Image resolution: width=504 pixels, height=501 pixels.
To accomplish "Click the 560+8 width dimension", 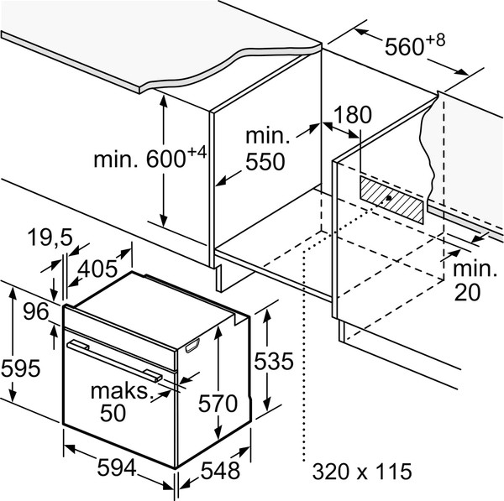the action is [x=415, y=45].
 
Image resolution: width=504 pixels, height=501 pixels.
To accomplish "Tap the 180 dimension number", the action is [x=353, y=114].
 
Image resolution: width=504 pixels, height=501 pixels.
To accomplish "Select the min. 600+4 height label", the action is [x=150, y=157].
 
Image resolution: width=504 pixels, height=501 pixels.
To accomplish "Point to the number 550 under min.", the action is [x=265, y=162].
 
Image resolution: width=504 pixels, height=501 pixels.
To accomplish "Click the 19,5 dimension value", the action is [x=50, y=238].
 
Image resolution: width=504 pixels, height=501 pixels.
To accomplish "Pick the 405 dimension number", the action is [x=97, y=269].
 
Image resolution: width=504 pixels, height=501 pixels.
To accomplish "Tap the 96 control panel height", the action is [x=36, y=311].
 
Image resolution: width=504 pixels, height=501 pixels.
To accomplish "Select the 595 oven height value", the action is [x=20, y=368].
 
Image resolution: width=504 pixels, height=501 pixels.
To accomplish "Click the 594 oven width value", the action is [x=117, y=467].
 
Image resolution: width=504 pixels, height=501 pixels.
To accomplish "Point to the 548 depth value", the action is [x=220, y=471].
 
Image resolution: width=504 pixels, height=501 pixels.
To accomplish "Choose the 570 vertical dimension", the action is [x=218, y=404].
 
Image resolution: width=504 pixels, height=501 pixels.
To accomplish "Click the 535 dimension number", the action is [x=274, y=361].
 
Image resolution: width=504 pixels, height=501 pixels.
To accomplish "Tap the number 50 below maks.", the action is [x=113, y=413].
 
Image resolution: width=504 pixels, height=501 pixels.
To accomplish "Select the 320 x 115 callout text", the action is [x=362, y=472].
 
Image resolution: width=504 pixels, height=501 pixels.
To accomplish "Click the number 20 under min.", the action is [x=467, y=292].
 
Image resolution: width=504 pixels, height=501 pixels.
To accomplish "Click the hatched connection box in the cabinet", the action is [x=391, y=199].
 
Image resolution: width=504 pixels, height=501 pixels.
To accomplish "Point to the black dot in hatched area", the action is [x=389, y=198].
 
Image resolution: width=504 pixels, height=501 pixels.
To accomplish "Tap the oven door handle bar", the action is [x=115, y=362].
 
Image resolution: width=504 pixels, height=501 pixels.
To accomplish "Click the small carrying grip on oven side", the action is [x=192, y=346].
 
